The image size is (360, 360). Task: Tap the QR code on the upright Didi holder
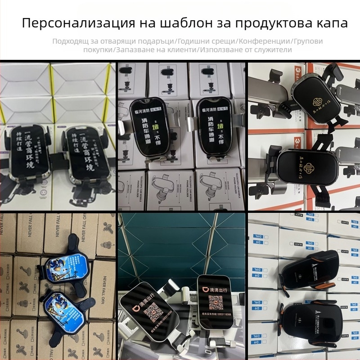(212, 306)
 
